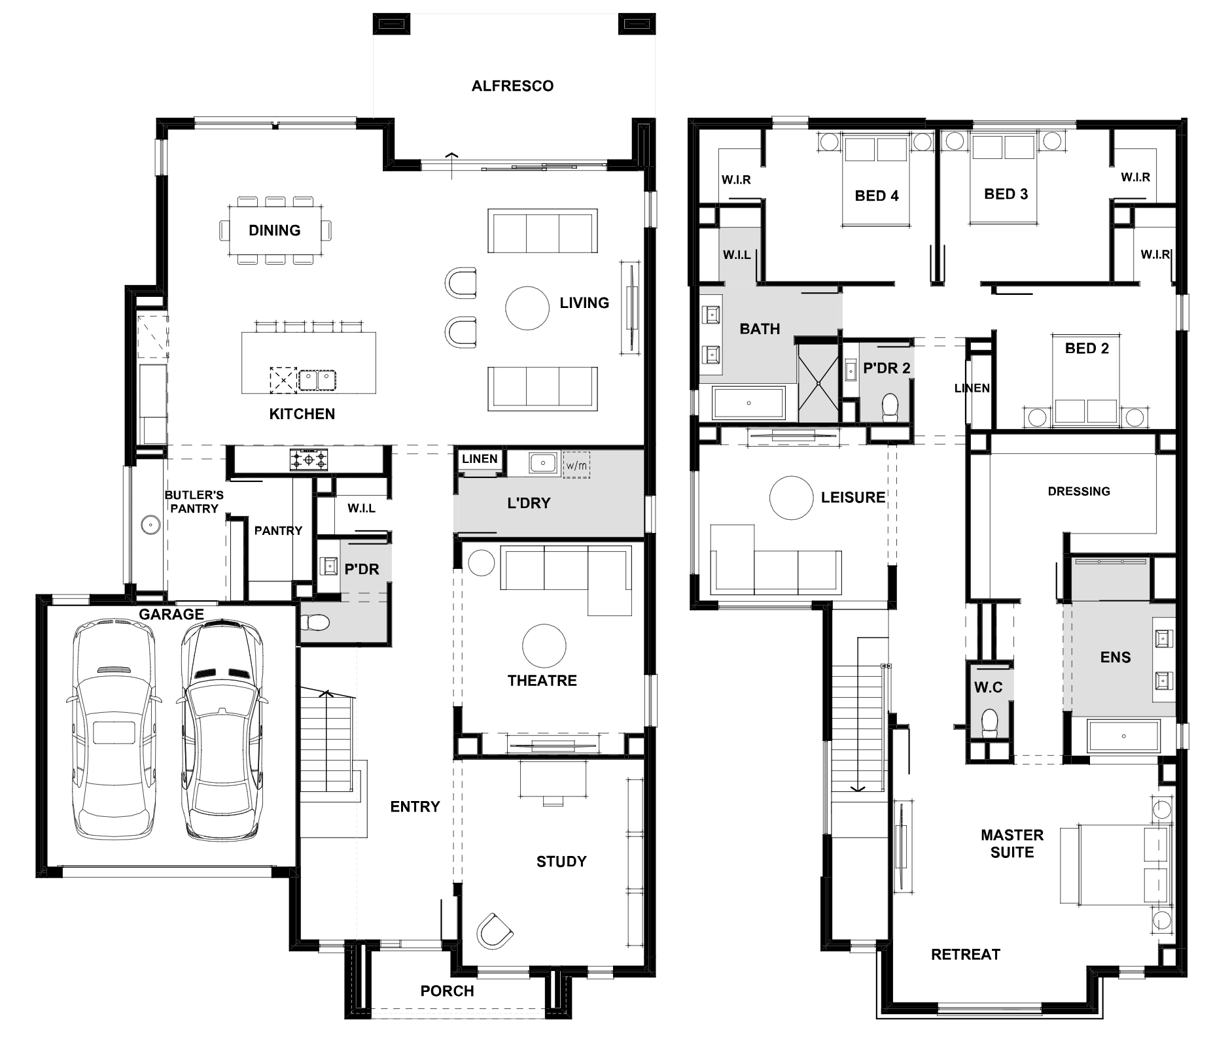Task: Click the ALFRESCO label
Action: point(512,86)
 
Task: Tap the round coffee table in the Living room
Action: point(527,308)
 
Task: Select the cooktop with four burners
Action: point(309,460)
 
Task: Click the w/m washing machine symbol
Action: point(576,465)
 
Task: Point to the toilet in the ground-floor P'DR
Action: point(315,622)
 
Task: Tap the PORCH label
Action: point(447,991)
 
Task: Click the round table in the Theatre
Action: point(544,645)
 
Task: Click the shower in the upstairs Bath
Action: point(818,383)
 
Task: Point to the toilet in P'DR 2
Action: point(890,407)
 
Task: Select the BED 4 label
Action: point(877,196)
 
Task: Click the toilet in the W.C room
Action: point(990,724)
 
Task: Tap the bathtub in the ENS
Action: point(1123,736)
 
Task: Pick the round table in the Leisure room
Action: point(791,498)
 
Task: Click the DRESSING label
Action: point(1079,491)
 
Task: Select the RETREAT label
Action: point(966,954)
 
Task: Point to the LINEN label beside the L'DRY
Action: point(480,458)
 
